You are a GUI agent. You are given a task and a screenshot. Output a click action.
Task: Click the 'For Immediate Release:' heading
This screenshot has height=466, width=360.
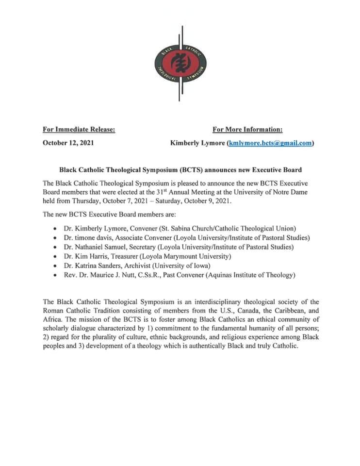[x=79, y=129]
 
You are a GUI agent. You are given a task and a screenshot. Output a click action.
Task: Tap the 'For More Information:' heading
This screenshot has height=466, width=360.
[x=247, y=129]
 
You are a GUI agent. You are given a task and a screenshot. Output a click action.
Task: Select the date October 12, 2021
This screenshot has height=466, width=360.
[x=68, y=143]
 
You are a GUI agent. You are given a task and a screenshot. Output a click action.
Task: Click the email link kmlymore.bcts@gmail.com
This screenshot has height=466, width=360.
[x=269, y=143]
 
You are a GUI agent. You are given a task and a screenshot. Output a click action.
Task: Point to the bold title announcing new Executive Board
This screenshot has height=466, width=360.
[x=180, y=170]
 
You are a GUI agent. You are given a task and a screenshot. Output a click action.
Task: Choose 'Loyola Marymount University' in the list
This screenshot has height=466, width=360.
[x=193, y=256]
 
